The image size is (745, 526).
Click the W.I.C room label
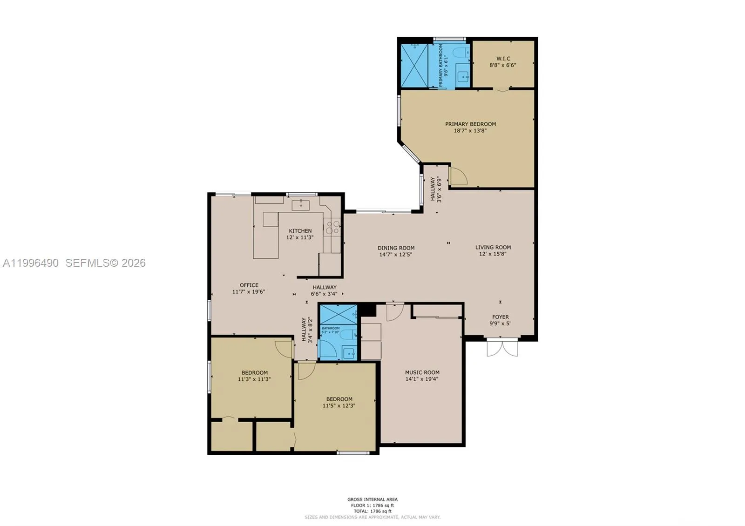pyautogui.click(x=503, y=59)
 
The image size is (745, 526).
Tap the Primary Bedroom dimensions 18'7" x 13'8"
pyautogui.click(x=470, y=131)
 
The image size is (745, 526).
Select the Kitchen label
pyautogui.click(x=300, y=231)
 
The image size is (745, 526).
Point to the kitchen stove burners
pyautogui.click(x=333, y=227)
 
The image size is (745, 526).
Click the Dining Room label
pyautogui.click(x=396, y=248)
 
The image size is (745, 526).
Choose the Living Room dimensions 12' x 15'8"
pyautogui.click(x=493, y=254)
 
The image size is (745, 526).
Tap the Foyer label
pyautogui.click(x=501, y=317)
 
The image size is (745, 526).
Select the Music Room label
pyautogui.click(x=422, y=372)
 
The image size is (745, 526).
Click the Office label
pyautogui.click(x=249, y=285)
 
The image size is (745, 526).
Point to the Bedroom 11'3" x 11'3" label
pyautogui.click(x=254, y=373)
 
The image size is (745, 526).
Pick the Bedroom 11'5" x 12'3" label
pyautogui.click(x=339, y=399)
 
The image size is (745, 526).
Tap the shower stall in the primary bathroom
pyautogui.click(x=414, y=65)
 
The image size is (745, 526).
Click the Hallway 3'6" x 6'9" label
pyautogui.click(x=433, y=189)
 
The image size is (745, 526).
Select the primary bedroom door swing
pyautogui.click(x=458, y=176)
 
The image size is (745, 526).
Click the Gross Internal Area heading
pyautogui.click(x=372, y=499)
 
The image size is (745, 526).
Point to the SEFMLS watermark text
pyautogui.click(x=105, y=263)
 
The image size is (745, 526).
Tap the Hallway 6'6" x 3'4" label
pyautogui.click(x=324, y=288)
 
